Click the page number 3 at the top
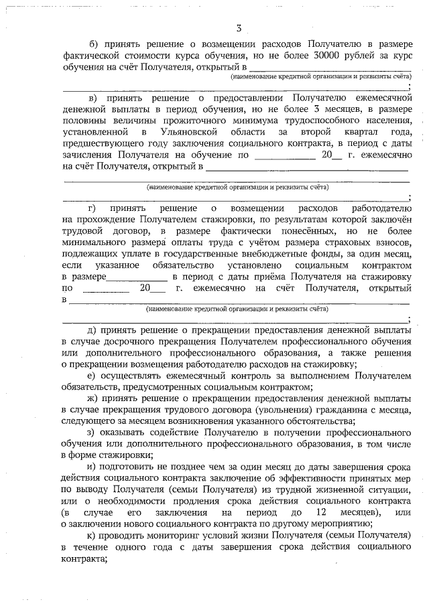[x=239, y=27]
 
